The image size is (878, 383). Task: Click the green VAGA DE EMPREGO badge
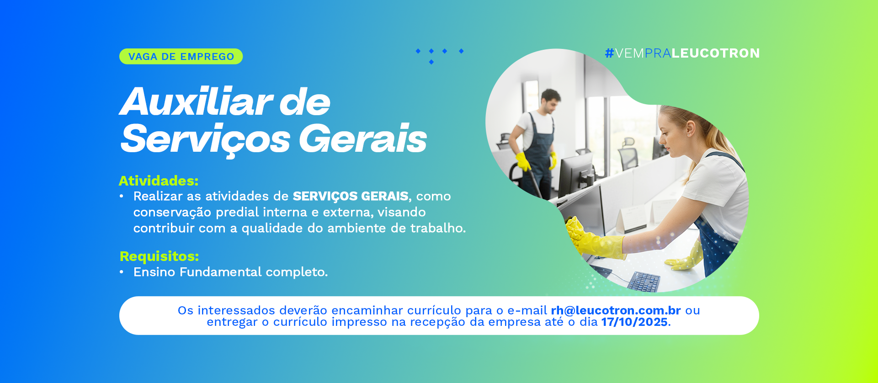181,57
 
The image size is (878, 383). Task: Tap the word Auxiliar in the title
197,102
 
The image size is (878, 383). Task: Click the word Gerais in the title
363,138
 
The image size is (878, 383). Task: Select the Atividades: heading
159,181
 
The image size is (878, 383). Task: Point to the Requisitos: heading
159,256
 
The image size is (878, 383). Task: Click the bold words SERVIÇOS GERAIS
351,196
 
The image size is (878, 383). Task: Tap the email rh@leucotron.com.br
616,310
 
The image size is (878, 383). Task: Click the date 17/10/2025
634,322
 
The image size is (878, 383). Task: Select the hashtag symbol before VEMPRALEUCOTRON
609,53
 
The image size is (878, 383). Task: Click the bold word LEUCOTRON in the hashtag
715,53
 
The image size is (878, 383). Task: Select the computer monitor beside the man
576,174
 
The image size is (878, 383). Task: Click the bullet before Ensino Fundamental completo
122,272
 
